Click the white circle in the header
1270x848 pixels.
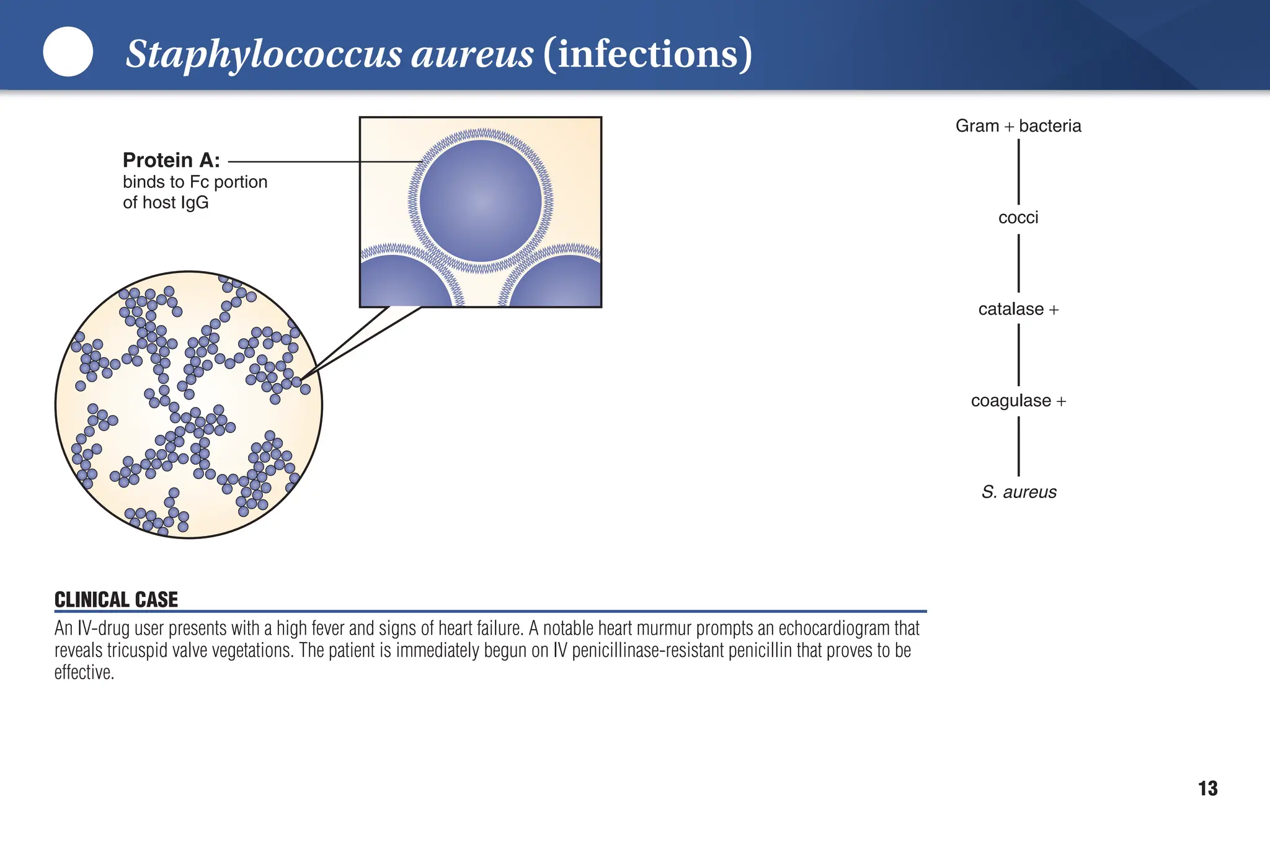68,51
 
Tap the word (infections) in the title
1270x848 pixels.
647,54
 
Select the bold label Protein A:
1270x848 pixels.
171,160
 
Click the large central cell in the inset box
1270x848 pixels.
481,200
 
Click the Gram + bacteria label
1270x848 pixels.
1018,126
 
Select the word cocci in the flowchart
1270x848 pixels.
1018,218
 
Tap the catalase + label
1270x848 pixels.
1018,309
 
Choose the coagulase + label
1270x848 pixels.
1018,401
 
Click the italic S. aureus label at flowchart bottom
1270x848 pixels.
1019,492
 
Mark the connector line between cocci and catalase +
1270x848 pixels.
1018,263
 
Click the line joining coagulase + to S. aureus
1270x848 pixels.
1018,446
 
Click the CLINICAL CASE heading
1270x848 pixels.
116,599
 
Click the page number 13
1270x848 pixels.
1207,788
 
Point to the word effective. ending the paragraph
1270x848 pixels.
84,672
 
